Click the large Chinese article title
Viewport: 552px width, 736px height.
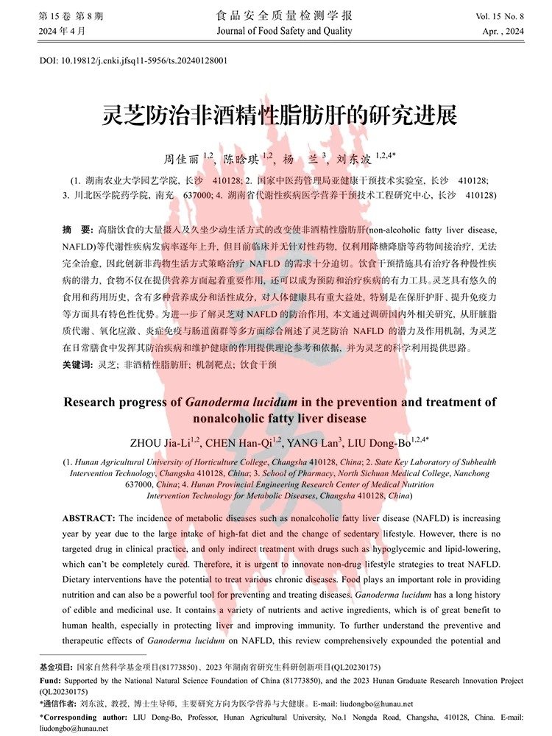coord(279,116)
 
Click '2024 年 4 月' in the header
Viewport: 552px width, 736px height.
coord(66,32)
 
